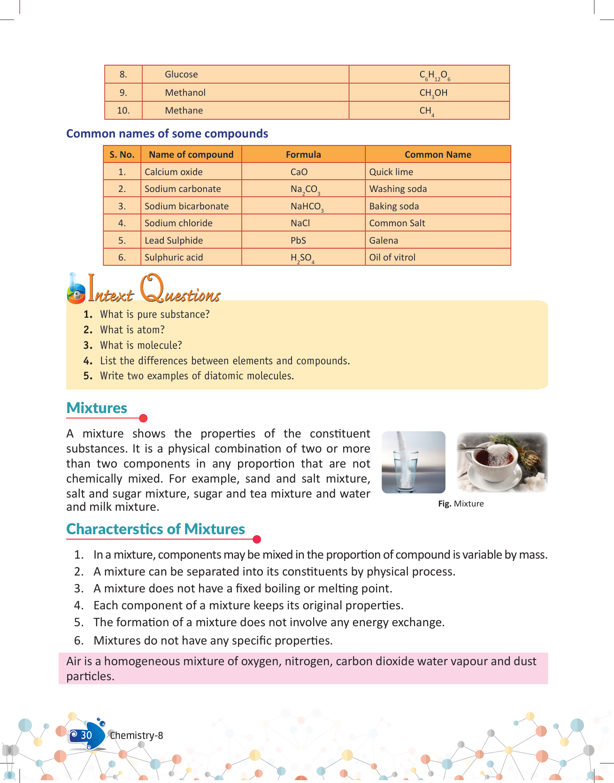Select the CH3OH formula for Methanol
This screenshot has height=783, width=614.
(433, 93)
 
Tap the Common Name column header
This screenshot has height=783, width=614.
(437, 154)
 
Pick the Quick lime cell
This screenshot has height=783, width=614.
(391, 172)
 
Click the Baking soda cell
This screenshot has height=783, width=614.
(394, 206)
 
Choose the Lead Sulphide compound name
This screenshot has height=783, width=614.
(174, 240)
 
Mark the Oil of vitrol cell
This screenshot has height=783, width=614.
(392, 257)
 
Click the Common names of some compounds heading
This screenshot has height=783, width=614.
(167, 134)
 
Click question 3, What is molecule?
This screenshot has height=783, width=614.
(140, 345)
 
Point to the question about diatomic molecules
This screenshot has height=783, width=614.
(197, 376)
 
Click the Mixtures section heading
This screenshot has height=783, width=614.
(97, 408)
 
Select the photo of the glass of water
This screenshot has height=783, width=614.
(413, 462)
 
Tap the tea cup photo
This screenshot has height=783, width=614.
(502, 462)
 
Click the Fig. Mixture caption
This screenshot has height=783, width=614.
(460, 504)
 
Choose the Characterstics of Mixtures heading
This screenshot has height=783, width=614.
(155, 529)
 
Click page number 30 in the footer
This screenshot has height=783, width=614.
(86, 735)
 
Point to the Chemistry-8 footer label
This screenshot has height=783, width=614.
(136, 736)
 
